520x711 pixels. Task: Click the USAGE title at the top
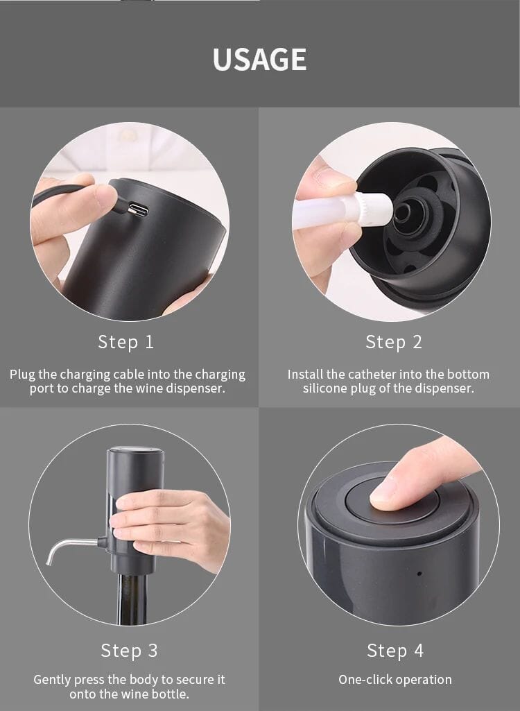[x=259, y=60]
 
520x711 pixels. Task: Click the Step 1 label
[x=126, y=342]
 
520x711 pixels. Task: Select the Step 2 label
[x=394, y=342]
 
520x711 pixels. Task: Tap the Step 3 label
[x=129, y=651]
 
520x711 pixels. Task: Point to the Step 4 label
[x=395, y=651]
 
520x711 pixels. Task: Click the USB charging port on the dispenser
[x=138, y=209]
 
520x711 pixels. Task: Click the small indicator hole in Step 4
[x=418, y=574]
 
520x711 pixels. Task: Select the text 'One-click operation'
[x=395, y=680]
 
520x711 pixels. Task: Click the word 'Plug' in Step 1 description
[x=22, y=375]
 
